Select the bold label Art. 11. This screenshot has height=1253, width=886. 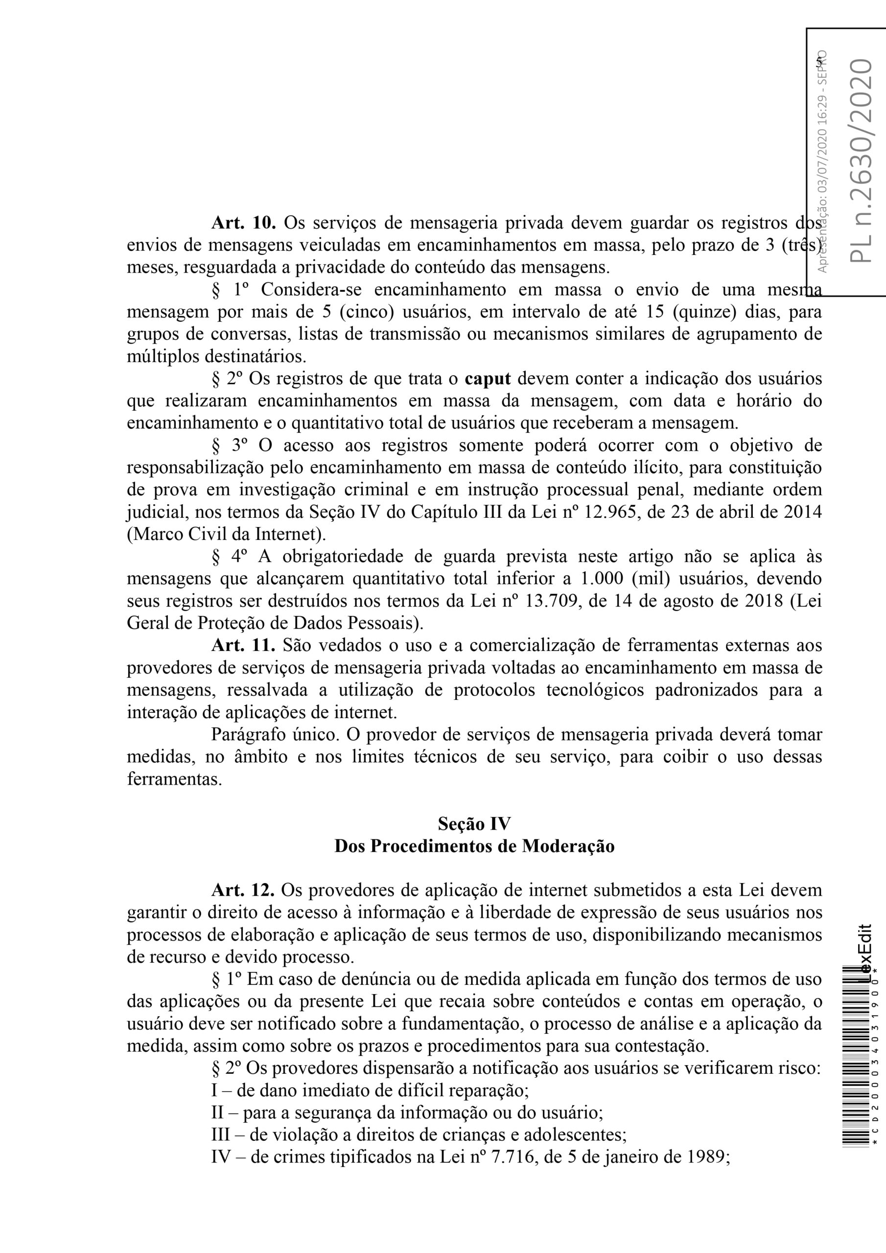click(x=243, y=645)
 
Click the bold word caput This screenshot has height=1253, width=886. click(x=488, y=379)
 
